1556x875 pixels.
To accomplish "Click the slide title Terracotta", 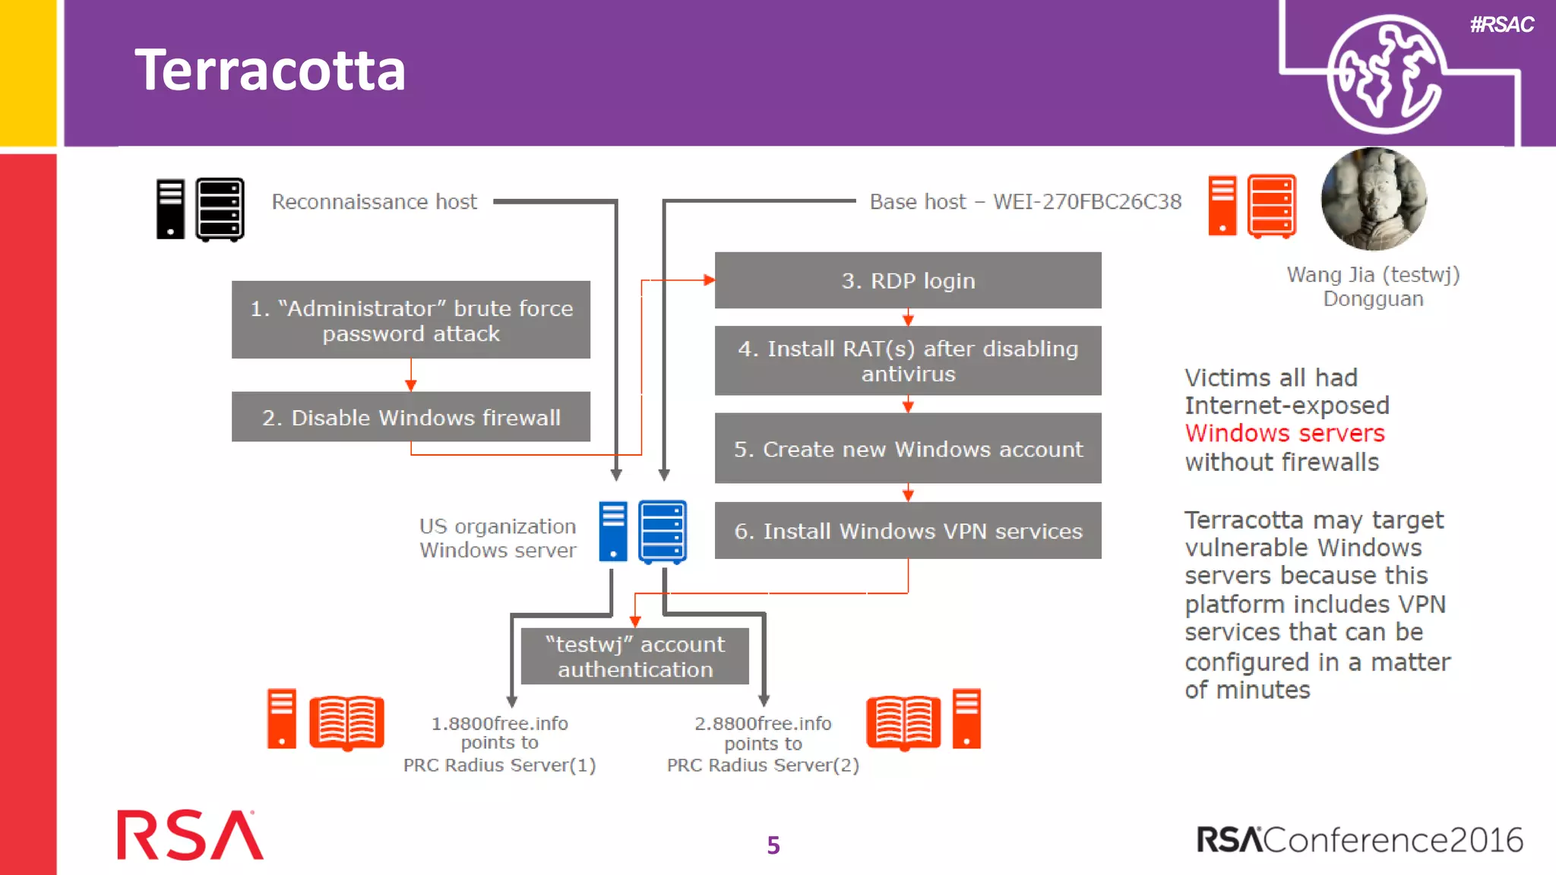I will [x=270, y=70].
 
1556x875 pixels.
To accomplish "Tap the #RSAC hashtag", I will [x=1501, y=25].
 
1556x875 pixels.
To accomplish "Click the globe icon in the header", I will [x=1384, y=74].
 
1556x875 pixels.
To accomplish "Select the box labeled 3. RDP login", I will [x=907, y=280].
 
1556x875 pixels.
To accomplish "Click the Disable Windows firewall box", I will [x=410, y=417].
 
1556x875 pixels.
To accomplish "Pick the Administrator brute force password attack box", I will [x=410, y=320].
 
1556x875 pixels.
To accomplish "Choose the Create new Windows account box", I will [x=907, y=448].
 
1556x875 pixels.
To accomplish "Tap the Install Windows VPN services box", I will [x=907, y=530].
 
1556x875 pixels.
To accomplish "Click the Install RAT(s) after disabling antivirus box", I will [x=907, y=361].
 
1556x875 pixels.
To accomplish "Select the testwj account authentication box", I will [x=635, y=656].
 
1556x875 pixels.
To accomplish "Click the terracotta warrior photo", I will [x=1374, y=199].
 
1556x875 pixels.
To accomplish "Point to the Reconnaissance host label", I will [x=374, y=201].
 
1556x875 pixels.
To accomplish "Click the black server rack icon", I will [x=220, y=209].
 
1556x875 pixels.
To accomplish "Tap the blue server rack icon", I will [x=663, y=532].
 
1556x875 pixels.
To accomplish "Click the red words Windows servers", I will [x=1285, y=433].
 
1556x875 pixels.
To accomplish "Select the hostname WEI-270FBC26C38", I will [x=1087, y=201].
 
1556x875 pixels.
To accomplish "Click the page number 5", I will [x=773, y=845].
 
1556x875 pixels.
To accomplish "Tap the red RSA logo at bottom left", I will [x=189, y=836].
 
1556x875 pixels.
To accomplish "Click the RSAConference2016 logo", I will [x=1359, y=839].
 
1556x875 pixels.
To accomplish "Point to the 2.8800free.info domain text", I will [x=763, y=723].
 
